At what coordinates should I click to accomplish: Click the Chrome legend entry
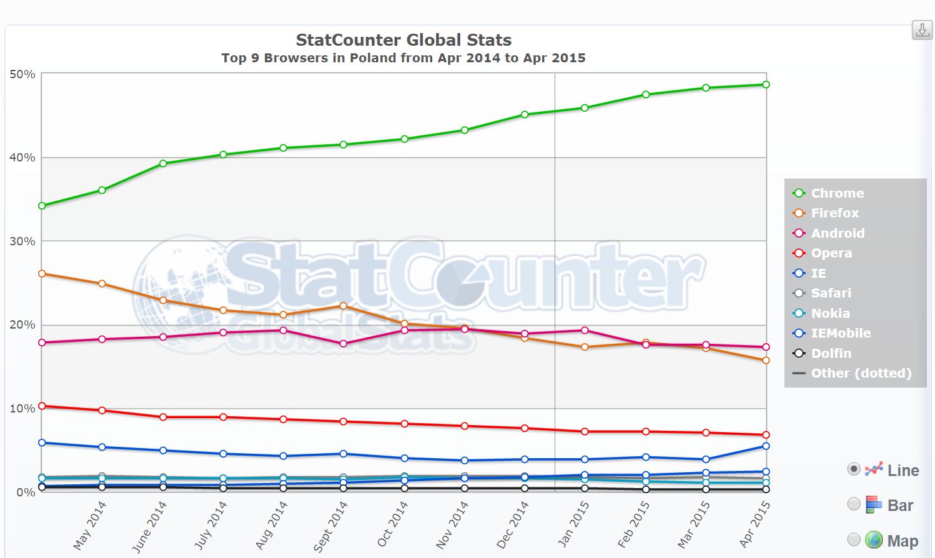coord(836,193)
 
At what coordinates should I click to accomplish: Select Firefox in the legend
coord(834,213)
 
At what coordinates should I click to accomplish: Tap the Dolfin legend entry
coord(830,353)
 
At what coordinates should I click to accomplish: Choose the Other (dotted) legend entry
coord(861,373)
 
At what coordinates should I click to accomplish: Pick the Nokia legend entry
coord(829,313)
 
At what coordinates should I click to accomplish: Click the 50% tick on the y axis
coord(22,74)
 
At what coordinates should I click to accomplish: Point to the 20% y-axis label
coord(22,325)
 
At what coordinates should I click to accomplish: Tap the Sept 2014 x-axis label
coord(331,526)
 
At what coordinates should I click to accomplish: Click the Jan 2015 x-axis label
coord(573,524)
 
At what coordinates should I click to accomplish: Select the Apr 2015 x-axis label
coord(755,524)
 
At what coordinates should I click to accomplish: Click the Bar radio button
coord(854,504)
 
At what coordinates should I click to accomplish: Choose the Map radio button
coord(854,540)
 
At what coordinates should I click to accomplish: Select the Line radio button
coord(854,469)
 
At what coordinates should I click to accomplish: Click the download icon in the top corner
coord(922,30)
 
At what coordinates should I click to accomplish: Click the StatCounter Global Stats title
coord(404,40)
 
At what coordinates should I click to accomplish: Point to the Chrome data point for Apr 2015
coord(766,85)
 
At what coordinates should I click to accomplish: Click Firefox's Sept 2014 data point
coord(343,306)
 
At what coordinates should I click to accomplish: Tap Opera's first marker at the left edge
coord(42,405)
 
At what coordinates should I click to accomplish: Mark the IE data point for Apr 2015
coord(766,446)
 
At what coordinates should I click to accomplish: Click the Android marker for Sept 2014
coord(343,344)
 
